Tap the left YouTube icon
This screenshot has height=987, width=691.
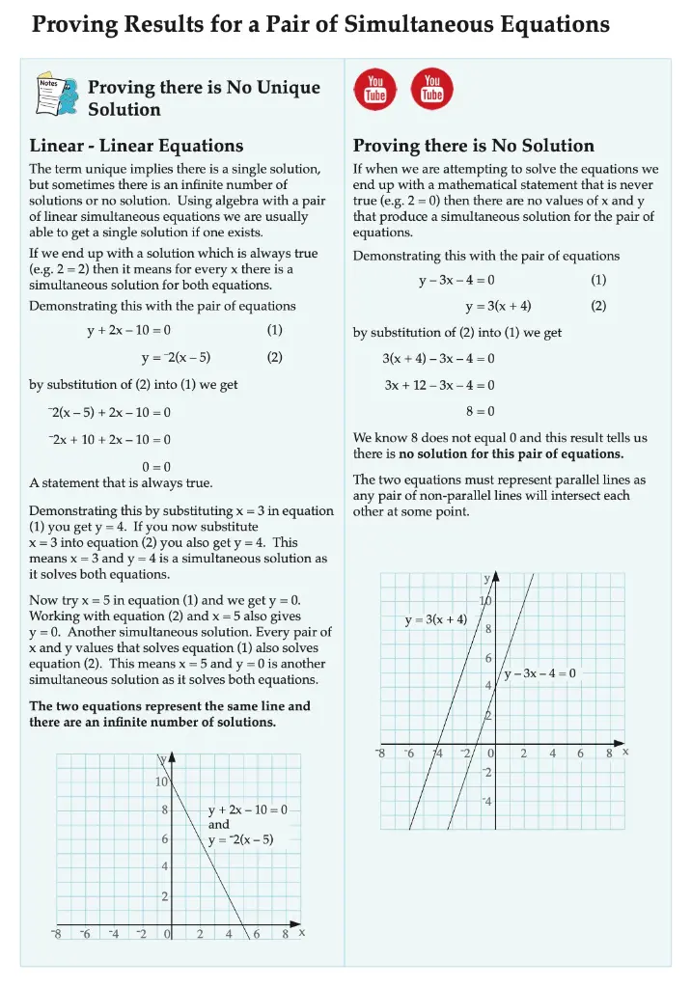[x=375, y=88]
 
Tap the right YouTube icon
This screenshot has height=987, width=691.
[x=432, y=88]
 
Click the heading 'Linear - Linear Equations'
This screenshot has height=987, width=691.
[x=136, y=146]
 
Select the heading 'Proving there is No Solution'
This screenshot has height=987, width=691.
[x=473, y=146]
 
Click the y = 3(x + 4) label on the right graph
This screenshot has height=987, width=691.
[x=435, y=619]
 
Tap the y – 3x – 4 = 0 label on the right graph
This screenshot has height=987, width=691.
[x=539, y=673]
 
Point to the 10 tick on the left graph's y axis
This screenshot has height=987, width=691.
[x=162, y=781]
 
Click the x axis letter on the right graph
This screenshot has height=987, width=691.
[x=625, y=751]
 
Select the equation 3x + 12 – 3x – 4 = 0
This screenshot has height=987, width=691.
[x=439, y=384]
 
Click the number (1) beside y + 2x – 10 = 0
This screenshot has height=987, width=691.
[x=275, y=330]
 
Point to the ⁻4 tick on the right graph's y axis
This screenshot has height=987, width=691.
[x=487, y=802]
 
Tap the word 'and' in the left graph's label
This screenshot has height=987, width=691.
[x=219, y=825]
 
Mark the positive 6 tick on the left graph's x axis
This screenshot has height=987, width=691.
[x=257, y=933]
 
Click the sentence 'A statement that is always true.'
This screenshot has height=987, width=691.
[x=121, y=482]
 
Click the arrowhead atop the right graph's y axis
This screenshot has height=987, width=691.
[x=495, y=577]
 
